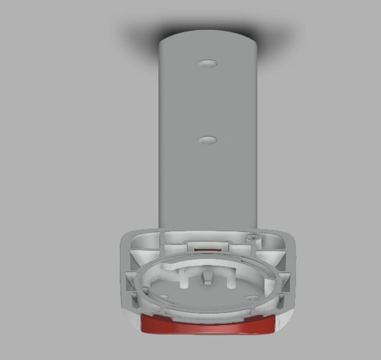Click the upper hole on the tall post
pos(208,63)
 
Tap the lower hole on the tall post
pos(208,139)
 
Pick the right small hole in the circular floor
pos(252,297)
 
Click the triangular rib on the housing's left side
pos(133,282)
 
